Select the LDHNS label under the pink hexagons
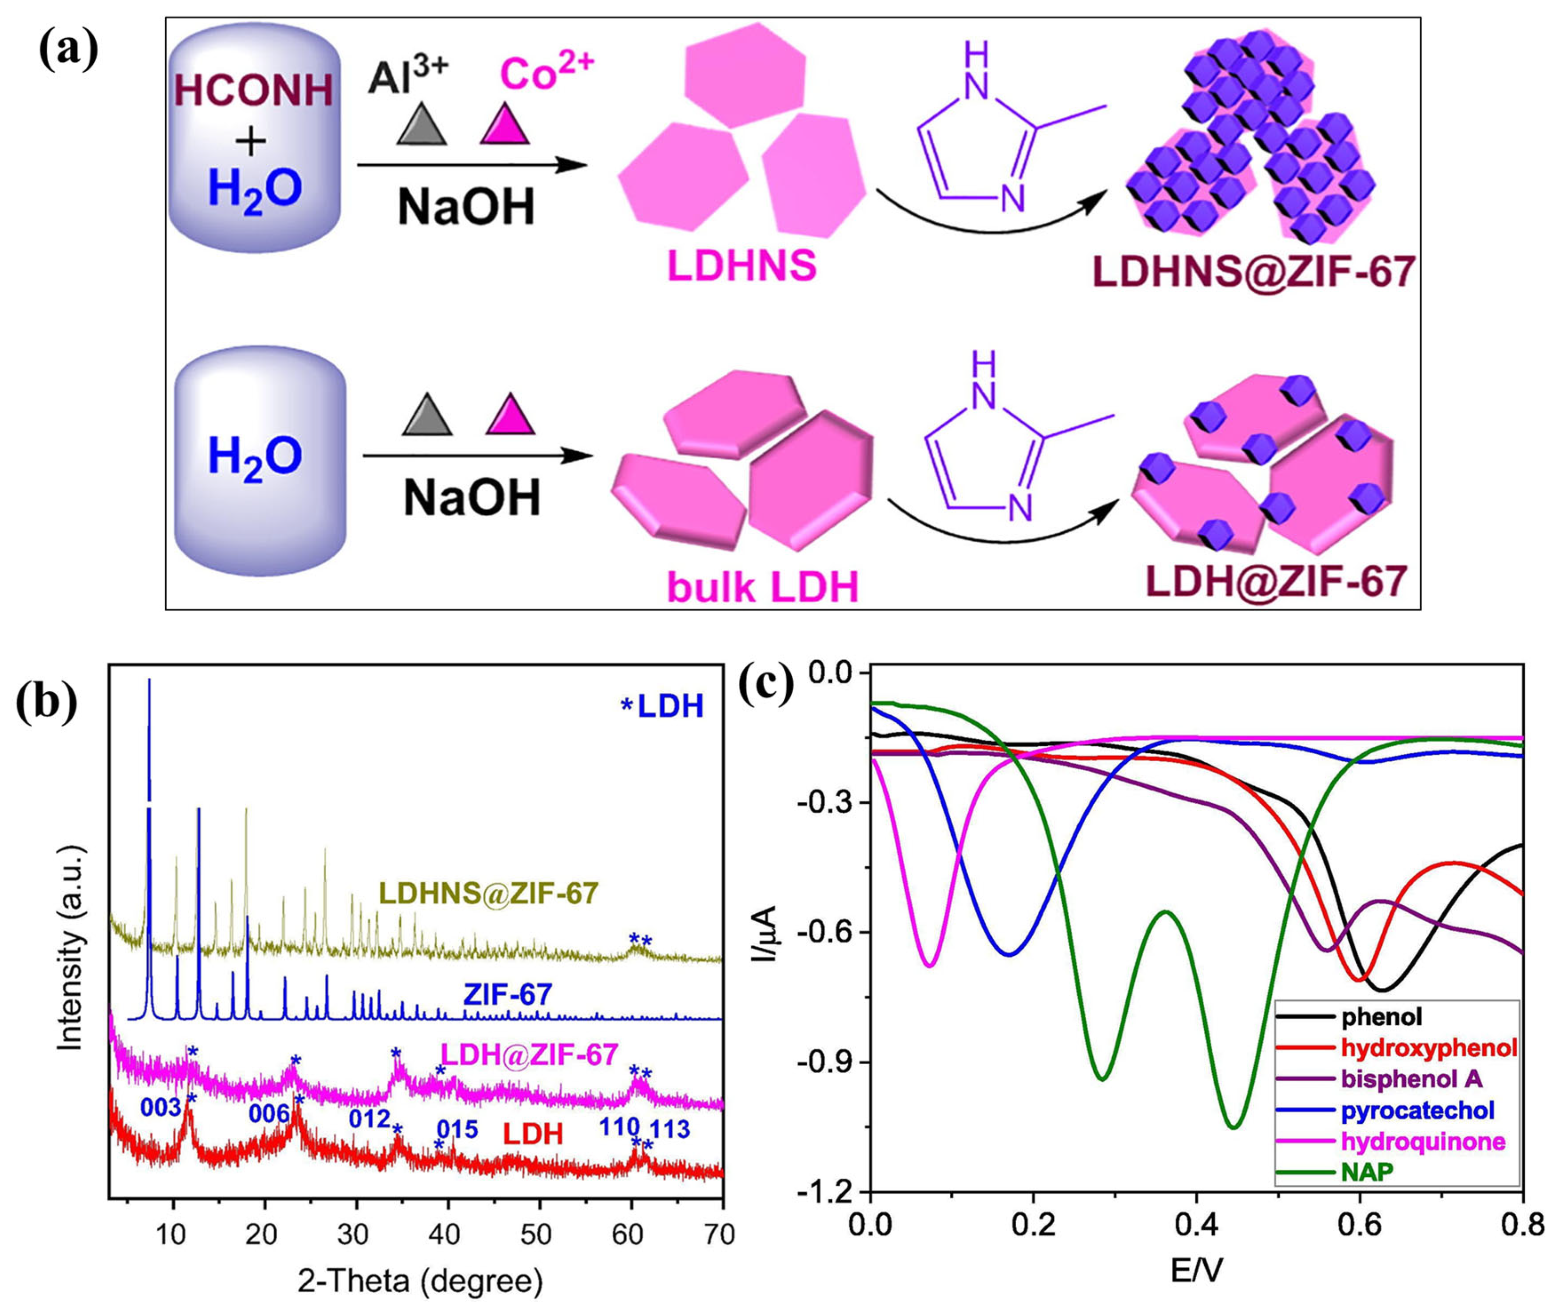coord(742,266)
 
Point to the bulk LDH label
coord(763,587)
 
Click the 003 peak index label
coord(160,1108)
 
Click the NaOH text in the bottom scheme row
coord(472,499)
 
